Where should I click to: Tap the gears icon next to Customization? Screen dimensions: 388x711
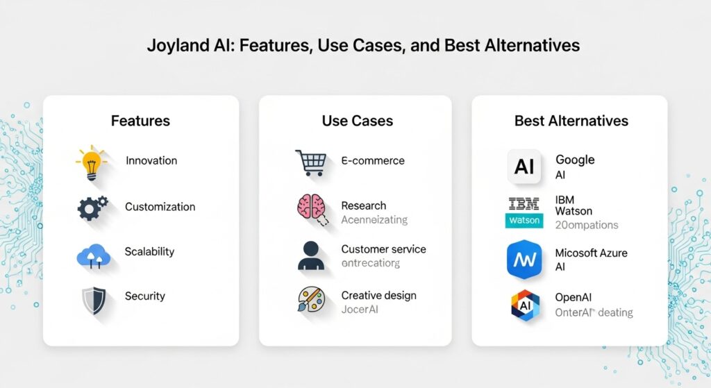pos(92,208)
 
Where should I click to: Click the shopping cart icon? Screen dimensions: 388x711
pos(310,162)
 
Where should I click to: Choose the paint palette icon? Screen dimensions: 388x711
pos(310,301)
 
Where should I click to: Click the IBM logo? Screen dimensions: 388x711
pos(524,203)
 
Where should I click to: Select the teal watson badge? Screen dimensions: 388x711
pos(524,221)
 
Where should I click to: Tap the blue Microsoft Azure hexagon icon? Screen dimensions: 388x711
pos(524,259)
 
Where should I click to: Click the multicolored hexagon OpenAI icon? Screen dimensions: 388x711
pos(525,305)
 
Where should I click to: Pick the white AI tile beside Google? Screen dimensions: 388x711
pos(524,167)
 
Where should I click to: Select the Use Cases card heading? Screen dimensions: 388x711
pos(357,121)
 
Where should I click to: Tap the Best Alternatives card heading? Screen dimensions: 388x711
pos(571,121)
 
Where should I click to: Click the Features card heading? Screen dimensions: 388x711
pos(140,121)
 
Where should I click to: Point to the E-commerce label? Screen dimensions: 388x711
pos(373,160)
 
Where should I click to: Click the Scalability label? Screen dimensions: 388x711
pos(149,251)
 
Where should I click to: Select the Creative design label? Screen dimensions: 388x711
pos(378,295)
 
